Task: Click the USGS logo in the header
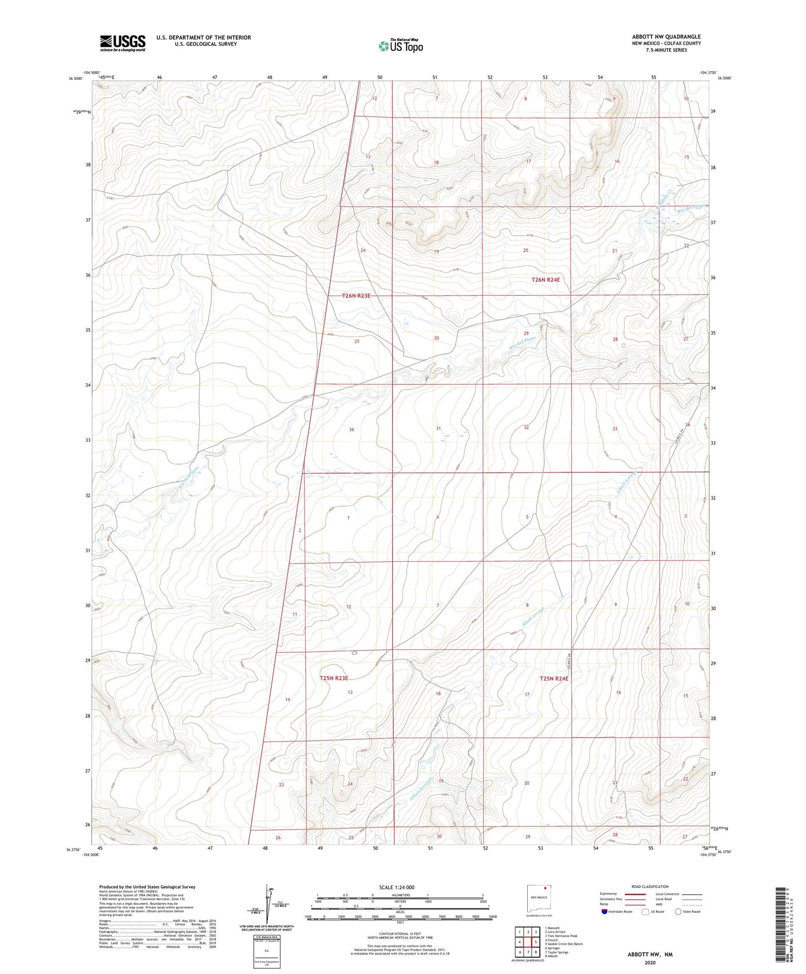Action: tap(123, 43)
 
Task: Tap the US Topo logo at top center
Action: tap(400, 46)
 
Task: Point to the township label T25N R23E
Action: tap(334, 678)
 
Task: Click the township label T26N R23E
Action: tap(356, 296)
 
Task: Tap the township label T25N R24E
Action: tap(554, 678)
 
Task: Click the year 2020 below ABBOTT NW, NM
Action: tap(650, 963)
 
